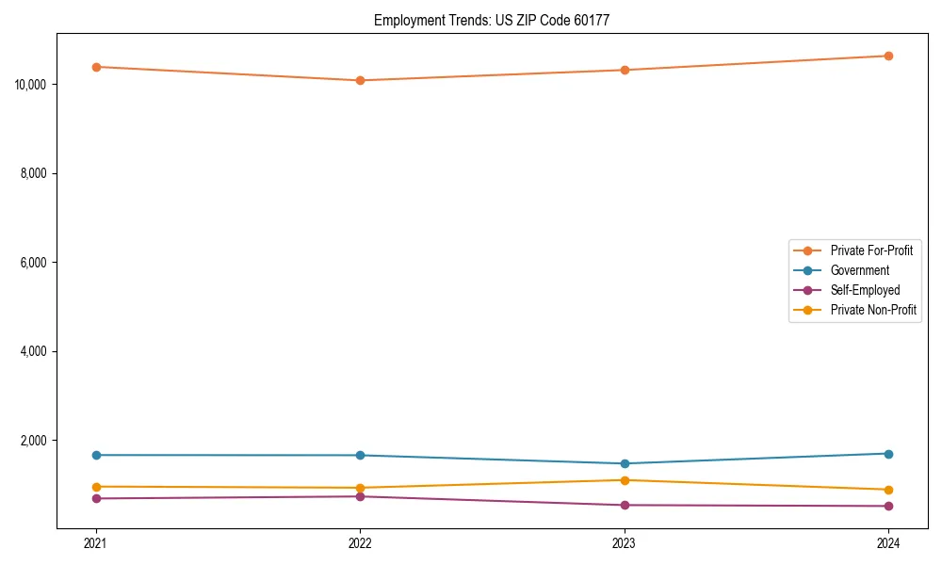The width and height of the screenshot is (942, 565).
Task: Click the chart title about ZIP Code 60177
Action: tap(492, 20)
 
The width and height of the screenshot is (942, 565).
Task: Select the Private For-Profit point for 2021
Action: tap(95, 67)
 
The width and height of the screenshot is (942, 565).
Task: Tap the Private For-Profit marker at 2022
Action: tap(360, 80)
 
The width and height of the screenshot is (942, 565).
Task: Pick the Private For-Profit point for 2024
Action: tap(888, 56)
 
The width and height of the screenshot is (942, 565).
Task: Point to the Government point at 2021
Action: tap(95, 455)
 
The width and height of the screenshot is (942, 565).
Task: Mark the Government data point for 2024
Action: tap(888, 454)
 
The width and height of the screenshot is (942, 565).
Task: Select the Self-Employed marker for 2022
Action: tap(360, 496)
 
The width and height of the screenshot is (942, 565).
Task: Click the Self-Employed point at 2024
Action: tap(888, 506)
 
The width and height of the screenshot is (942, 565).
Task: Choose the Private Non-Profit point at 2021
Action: tap(95, 487)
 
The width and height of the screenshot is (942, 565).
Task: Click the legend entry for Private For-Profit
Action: tap(871, 250)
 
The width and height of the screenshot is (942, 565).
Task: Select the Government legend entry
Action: tap(859, 270)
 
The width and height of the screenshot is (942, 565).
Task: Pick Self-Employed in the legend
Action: tap(865, 290)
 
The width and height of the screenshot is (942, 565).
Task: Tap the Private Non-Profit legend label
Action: tap(873, 310)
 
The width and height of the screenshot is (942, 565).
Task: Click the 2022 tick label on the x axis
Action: tap(360, 542)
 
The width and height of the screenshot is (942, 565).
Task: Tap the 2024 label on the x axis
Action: tap(888, 542)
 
